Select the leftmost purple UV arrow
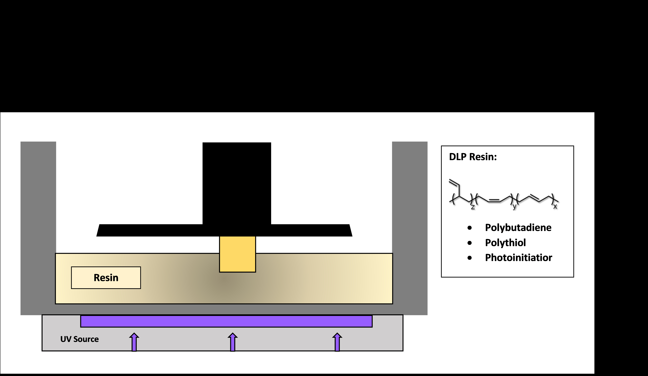[x=134, y=342]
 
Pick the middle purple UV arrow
[x=233, y=342]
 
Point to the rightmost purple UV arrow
[x=337, y=342]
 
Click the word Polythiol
[x=505, y=243]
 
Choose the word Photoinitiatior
[x=518, y=258]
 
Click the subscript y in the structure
[x=514, y=207]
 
